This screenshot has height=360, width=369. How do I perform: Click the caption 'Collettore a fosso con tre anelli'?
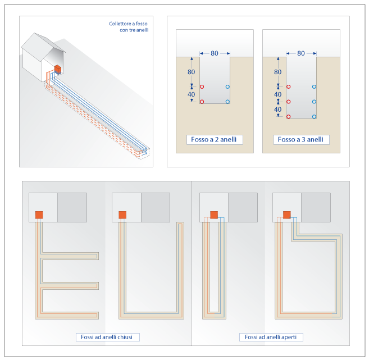pyautogui.click(x=129, y=27)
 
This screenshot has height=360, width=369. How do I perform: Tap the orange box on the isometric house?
pyautogui.click(x=57, y=70)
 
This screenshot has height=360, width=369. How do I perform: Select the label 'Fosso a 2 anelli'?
pyautogui.click(x=215, y=139)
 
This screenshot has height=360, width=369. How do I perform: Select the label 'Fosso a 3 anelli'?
pyautogui.click(x=300, y=139)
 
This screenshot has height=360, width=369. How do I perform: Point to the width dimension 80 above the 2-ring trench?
pyautogui.click(x=215, y=53)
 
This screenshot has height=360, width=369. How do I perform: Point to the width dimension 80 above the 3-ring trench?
pyautogui.click(x=301, y=53)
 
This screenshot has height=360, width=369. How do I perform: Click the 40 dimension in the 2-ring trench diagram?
pyautogui.click(x=191, y=94)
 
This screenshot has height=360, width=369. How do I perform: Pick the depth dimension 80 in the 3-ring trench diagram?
pyautogui.click(x=277, y=72)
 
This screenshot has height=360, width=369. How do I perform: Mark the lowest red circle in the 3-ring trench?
pyautogui.click(x=288, y=116)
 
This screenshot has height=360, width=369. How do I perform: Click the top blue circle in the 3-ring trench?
pyautogui.click(x=314, y=86)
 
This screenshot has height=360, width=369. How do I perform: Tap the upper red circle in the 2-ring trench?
pyautogui.click(x=202, y=86)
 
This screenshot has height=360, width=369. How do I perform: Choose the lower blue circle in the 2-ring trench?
pyautogui.click(x=227, y=102)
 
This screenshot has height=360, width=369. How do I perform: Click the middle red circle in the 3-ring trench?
pyautogui.click(x=288, y=102)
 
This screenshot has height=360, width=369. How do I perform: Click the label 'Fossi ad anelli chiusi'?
pyautogui.click(x=108, y=337)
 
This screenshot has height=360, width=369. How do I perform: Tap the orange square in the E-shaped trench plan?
pyautogui.click(x=39, y=215)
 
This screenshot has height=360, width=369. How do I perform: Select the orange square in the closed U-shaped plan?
pyautogui.click(x=122, y=215)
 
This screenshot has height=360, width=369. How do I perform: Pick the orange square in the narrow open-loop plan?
pyautogui.click(x=213, y=215)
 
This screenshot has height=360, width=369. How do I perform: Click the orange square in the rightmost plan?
pyautogui.click(x=286, y=215)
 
